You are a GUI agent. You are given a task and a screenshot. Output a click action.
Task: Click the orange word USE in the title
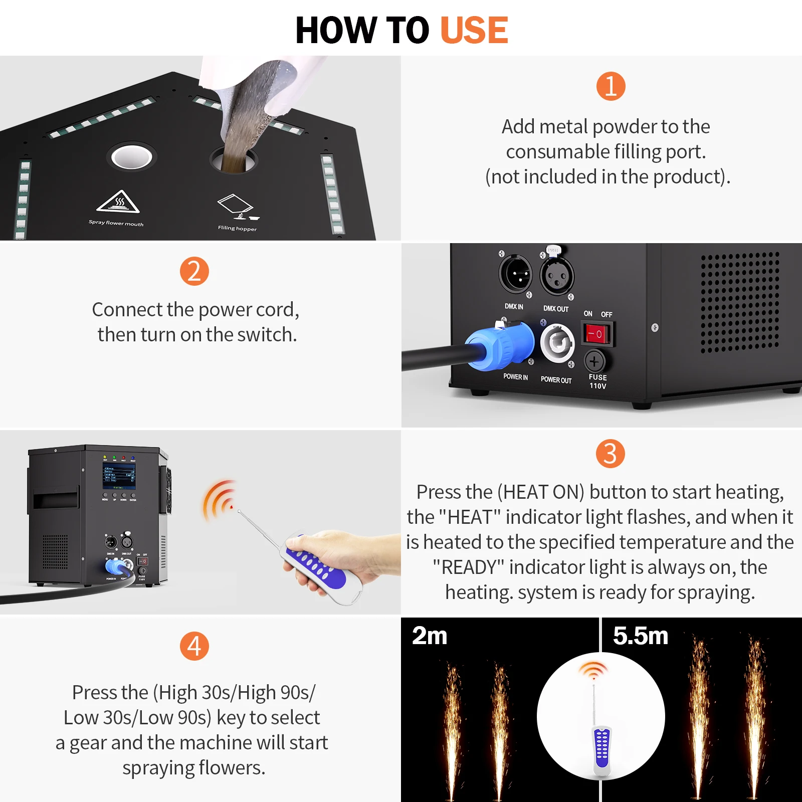tap(474, 30)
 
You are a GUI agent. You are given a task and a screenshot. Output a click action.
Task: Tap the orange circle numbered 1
tap(611, 86)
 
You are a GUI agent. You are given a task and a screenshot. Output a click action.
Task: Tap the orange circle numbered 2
tap(194, 271)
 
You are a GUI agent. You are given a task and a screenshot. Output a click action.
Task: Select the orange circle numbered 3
tap(610, 454)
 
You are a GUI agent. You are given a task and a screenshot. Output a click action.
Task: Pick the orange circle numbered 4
tap(194, 646)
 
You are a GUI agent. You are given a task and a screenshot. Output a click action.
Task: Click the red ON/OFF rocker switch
tap(596, 334)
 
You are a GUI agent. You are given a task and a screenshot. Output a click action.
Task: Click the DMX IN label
tap(514, 306)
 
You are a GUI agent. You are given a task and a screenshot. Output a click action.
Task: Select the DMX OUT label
tap(556, 309)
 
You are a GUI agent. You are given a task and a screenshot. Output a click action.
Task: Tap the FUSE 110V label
tap(597, 381)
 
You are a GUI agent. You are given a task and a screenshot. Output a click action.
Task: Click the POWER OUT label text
tap(556, 380)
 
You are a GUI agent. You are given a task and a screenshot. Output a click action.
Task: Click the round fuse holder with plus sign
tap(594, 361)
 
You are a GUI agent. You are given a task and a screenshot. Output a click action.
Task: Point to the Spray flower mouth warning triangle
tap(118, 202)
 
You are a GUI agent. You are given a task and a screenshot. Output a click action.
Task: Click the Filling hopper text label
tap(237, 228)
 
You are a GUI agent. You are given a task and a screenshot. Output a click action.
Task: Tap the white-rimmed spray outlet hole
tap(132, 157)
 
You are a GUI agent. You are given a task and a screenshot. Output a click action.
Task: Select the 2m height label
tap(430, 636)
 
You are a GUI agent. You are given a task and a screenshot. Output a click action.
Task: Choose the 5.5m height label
tap(640, 636)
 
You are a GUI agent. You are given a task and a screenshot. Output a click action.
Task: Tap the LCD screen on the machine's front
tap(119, 477)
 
